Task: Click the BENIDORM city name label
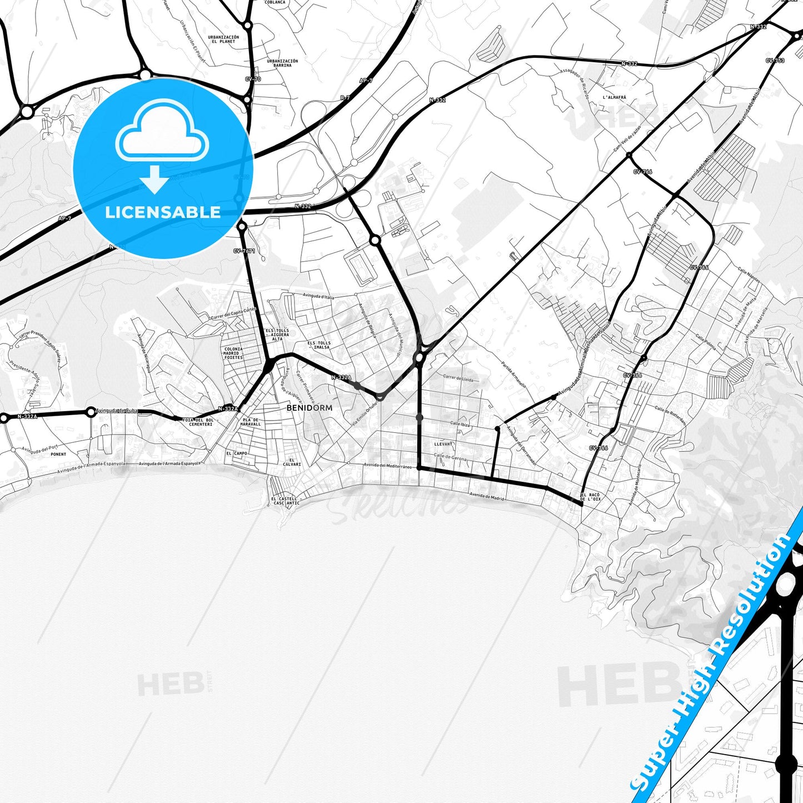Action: (x=310, y=408)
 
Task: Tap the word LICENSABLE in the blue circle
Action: (x=163, y=212)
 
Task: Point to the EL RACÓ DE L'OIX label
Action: (x=591, y=497)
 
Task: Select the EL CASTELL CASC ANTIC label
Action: (x=285, y=501)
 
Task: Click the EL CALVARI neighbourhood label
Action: (x=292, y=462)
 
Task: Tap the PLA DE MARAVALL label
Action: (x=250, y=422)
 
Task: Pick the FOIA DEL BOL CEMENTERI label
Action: (x=201, y=422)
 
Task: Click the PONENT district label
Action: (x=58, y=454)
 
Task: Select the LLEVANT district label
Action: (x=443, y=444)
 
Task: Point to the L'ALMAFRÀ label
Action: (x=614, y=97)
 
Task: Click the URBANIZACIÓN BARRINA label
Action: (x=282, y=63)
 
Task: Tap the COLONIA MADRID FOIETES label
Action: (x=233, y=353)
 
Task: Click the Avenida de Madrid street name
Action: (x=487, y=496)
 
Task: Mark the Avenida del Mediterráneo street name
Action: (x=387, y=466)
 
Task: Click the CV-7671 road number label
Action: (x=244, y=251)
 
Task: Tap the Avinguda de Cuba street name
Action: (x=116, y=411)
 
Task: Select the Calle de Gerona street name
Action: (x=450, y=457)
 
